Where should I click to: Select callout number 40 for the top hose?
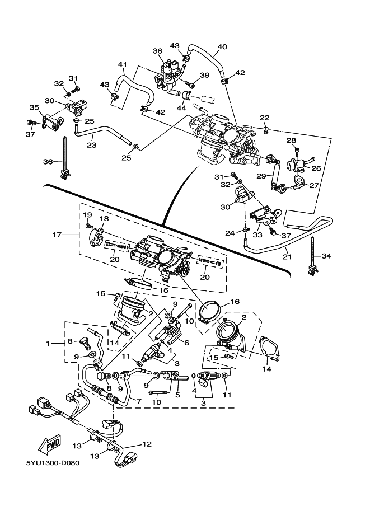pyautogui.click(x=222, y=46)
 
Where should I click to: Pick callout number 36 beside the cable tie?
pyautogui.click(x=49, y=162)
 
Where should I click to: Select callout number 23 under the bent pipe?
pyautogui.click(x=91, y=145)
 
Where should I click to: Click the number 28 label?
pyautogui.click(x=291, y=140)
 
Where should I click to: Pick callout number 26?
pyautogui.click(x=316, y=167)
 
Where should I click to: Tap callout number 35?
pyautogui.click(x=34, y=107)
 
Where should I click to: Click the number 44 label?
pyautogui.click(x=181, y=107)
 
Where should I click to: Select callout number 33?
pyautogui.click(x=257, y=235)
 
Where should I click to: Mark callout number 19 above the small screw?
pyautogui.click(x=87, y=215)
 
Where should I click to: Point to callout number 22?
pyautogui.click(x=265, y=118)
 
